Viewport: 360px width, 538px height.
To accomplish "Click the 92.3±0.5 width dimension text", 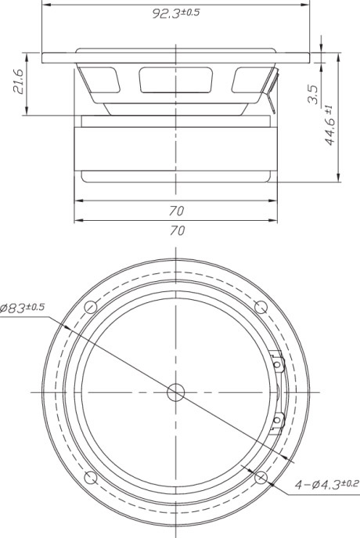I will (x=176, y=15).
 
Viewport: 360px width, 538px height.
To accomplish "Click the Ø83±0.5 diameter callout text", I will (x=24, y=309).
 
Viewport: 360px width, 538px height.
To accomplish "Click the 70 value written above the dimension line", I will (x=177, y=210).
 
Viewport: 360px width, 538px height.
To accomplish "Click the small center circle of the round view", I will (x=176, y=391).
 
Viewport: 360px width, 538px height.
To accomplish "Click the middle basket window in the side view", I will (x=176, y=81).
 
